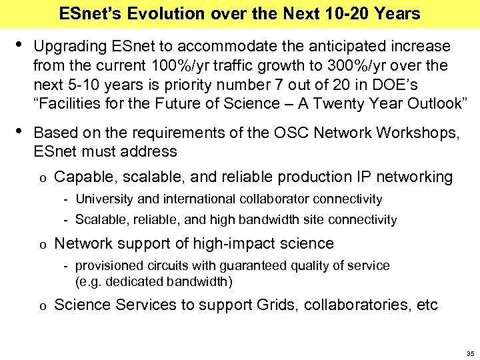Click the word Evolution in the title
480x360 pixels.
point(159,13)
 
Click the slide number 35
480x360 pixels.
point(469,353)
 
